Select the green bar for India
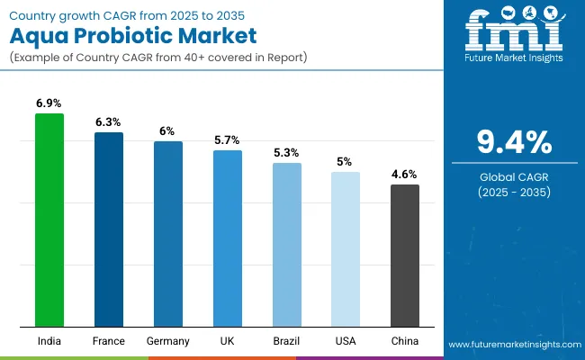point(49,220)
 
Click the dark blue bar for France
point(109,229)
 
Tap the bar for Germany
point(168,234)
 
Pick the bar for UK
point(228,238)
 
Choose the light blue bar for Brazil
point(287,245)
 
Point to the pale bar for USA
point(346,249)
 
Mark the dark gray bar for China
point(405,256)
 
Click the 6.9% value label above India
point(49,104)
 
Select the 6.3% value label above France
point(109,122)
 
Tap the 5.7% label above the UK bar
point(228,140)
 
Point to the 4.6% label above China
point(405,175)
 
